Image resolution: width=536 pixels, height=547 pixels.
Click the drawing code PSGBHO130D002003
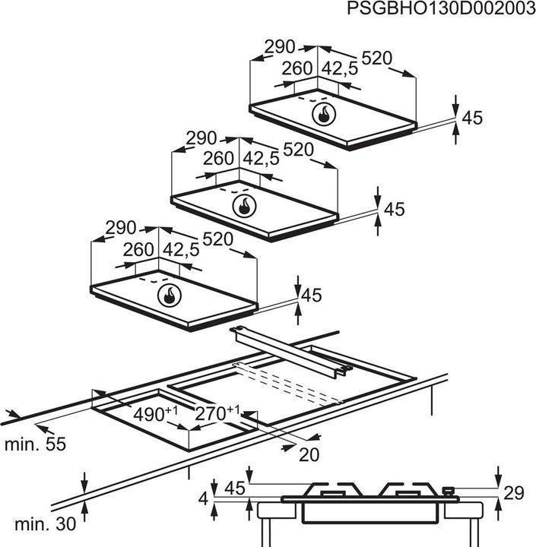point(441,8)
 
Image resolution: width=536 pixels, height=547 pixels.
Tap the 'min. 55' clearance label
point(35,444)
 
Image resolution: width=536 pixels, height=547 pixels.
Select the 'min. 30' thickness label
point(45,524)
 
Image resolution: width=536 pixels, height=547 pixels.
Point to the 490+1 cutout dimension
point(156,414)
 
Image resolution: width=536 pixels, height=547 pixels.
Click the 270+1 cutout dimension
point(217,413)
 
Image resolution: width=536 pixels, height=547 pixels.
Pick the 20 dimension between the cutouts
point(309,455)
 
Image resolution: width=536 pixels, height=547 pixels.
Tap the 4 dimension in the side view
point(203,499)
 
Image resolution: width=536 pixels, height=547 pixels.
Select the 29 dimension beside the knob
point(514,493)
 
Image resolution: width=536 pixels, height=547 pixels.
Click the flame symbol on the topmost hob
point(324,115)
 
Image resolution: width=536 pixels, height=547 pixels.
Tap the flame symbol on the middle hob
point(244,206)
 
